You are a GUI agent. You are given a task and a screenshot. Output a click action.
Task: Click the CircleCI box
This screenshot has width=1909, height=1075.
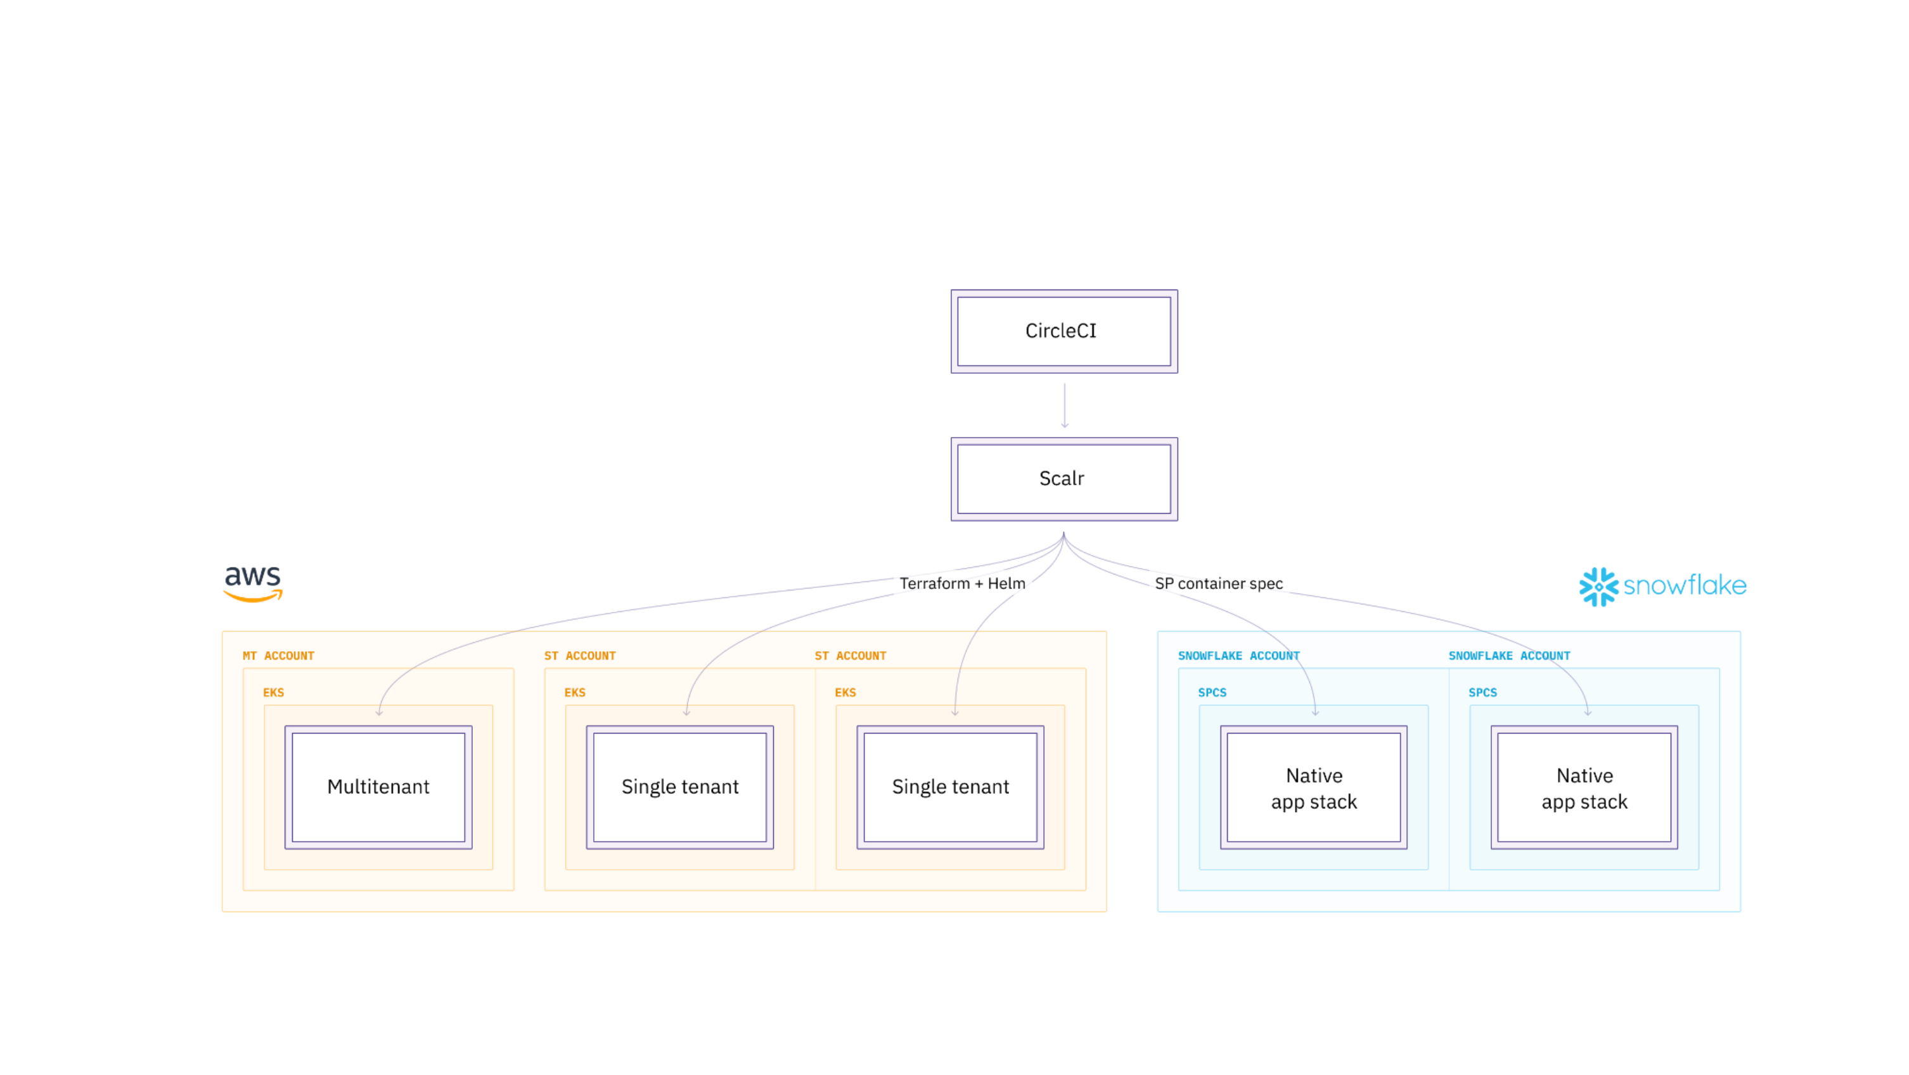click(1064, 331)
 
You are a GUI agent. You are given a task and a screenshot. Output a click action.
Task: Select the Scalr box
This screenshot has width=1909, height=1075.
click(1064, 479)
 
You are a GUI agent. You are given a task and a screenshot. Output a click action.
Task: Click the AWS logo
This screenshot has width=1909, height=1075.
click(253, 583)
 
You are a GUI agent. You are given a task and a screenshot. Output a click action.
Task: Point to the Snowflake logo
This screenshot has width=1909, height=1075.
click(1662, 586)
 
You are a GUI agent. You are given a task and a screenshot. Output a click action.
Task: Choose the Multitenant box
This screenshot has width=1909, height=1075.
click(378, 787)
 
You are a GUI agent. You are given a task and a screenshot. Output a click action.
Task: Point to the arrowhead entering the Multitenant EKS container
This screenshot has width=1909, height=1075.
click(378, 712)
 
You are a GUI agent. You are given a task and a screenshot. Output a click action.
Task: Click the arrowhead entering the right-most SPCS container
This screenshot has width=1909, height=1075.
click(1588, 712)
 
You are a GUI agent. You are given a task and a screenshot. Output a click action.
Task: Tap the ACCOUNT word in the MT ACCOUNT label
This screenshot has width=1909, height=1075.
click(289, 656)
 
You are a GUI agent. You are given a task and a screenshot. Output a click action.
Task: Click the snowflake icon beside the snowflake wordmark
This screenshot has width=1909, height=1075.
click(1598, 587)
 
